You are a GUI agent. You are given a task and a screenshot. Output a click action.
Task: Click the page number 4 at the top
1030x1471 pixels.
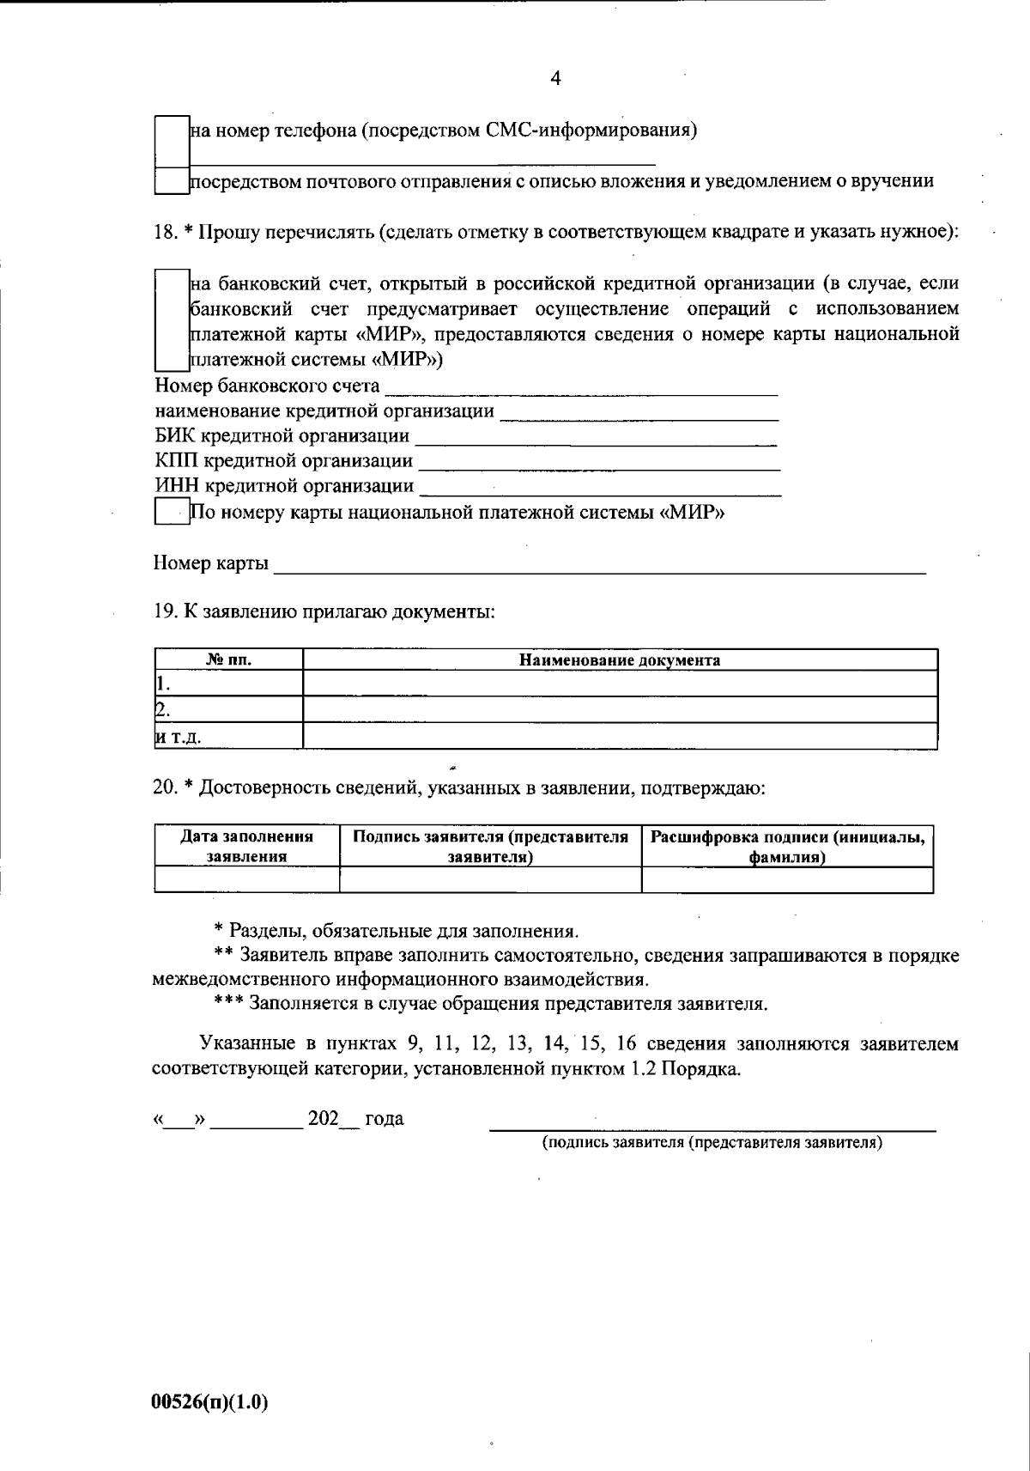pyautogui.click(x=555, y=79)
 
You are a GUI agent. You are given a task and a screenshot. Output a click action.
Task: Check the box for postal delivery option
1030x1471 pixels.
pyautogui.click(x=172, y=180)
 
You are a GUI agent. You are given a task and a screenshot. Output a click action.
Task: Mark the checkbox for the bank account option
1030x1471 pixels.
pyautogui.click(x=172, y=320)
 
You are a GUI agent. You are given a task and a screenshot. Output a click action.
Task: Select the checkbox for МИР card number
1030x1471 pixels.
pyautogui.click(x=172, y=513)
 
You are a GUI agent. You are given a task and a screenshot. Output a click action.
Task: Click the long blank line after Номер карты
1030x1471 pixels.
pyautogui.click(x=599, y=566)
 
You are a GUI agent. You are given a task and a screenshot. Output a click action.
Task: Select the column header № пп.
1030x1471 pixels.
pyautogui.click(x=229, y=660)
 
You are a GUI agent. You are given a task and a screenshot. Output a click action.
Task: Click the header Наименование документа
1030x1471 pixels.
pyautogui.click(x=620, y=660)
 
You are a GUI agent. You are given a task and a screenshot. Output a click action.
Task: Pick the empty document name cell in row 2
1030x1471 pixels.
pyautogui.click(x=620, y=709)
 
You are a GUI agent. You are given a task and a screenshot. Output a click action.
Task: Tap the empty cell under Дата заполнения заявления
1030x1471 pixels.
pyautogui.click(x=247, y=879)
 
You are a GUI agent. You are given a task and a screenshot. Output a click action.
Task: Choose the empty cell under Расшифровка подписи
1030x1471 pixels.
pyautogui.click(x=787, y=879)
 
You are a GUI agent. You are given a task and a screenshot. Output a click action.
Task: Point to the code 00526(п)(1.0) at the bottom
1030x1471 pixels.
pyautogui.click(x=210, y=1402)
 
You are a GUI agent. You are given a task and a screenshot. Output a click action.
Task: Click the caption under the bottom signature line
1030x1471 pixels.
pyautogui.click(x=712, y=1143)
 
